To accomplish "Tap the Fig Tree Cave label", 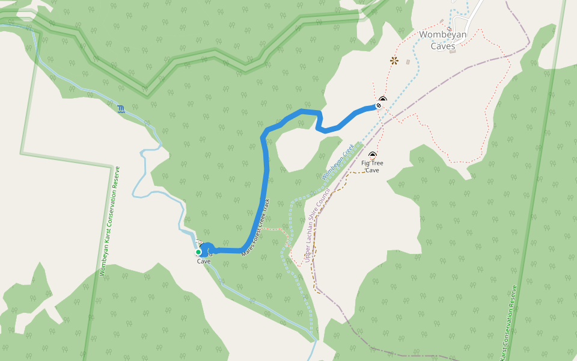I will click(372, 167).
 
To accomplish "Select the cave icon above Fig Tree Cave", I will click(373, 155).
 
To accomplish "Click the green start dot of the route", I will click(198, 252).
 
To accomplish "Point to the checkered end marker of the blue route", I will click(379, 106).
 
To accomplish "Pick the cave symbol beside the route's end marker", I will click(383, 100).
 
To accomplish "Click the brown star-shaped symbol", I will click(394, 60).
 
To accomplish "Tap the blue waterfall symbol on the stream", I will click(121, 108).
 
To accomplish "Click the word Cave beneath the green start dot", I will click(204, 262).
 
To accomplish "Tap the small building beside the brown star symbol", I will click(408, 61).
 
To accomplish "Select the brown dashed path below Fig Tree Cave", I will click(337, 187).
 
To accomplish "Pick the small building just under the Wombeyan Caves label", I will click(452, 51).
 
